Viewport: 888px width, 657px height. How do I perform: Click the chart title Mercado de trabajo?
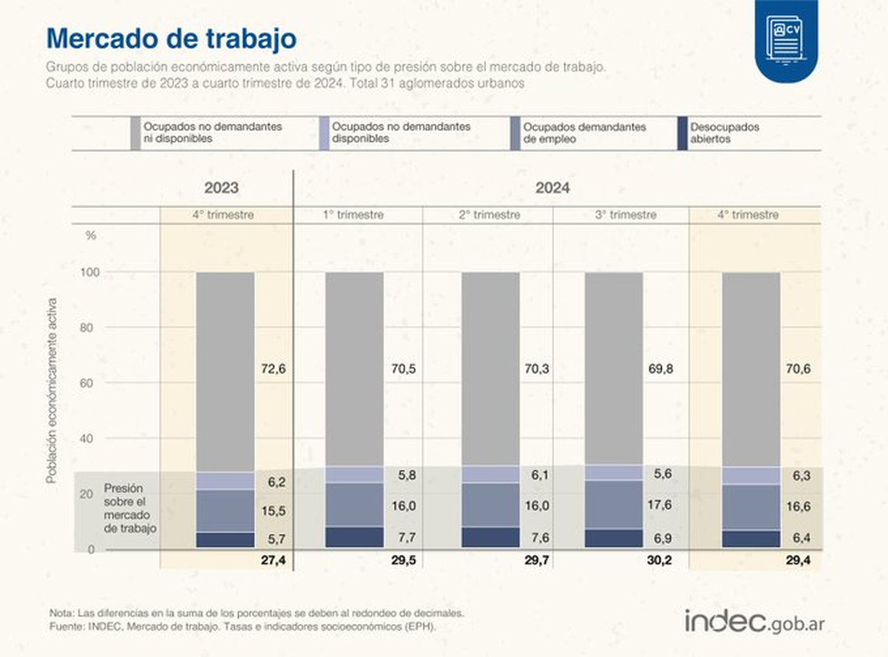tap(171, 38)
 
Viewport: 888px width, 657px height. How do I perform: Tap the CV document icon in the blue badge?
tap(785, 37)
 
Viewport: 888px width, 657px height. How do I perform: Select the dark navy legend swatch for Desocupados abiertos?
tap(683, 133)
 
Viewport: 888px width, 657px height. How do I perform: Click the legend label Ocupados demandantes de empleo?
tap(584, 133)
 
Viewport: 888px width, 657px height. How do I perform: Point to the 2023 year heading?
tap(221, 189)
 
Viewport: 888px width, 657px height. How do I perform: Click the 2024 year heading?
tap(552, 189)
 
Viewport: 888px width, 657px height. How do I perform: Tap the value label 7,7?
tap(403, 538)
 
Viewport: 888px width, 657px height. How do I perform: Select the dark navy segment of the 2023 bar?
tap(225, 539)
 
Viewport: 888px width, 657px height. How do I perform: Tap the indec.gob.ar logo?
tap(755, 621)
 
